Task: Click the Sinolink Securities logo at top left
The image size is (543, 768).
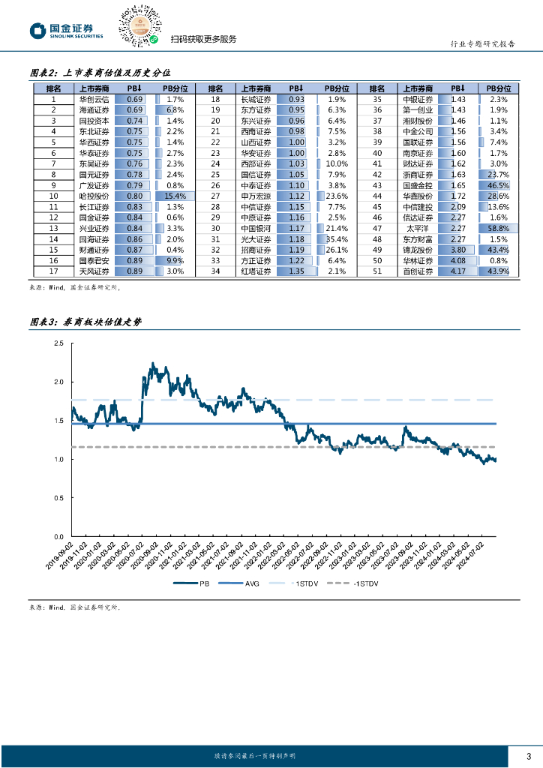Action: click(x=66, y=31)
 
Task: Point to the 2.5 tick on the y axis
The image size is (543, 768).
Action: click(x=59, y=343)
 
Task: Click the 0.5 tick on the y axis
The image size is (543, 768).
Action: click(x=59, y=498)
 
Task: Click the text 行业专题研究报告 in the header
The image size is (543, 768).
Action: click(x=486, y=44)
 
